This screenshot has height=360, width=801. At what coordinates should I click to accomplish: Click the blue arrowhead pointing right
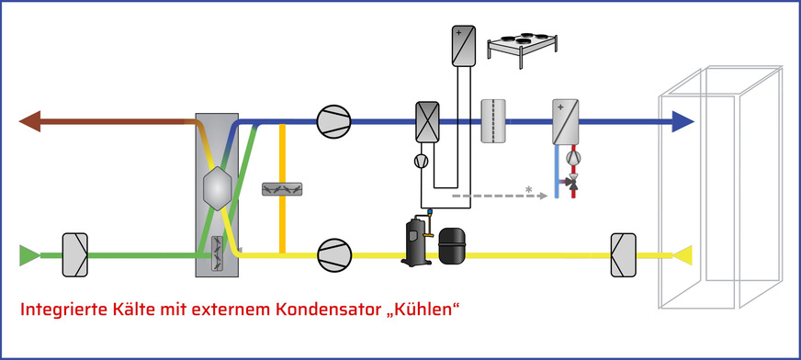pos(681,120)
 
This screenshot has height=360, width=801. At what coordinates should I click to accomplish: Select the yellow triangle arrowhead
pos(682,253)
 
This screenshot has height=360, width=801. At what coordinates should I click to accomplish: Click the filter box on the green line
pos(74,253)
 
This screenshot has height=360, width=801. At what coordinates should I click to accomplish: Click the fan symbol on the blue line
pos(331,121)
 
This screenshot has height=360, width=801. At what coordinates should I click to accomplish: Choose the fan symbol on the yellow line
pos(331,253)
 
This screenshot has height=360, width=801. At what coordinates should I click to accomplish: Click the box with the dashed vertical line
pos(495,119)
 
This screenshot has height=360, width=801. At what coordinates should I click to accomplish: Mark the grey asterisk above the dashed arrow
pos(529,190)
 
